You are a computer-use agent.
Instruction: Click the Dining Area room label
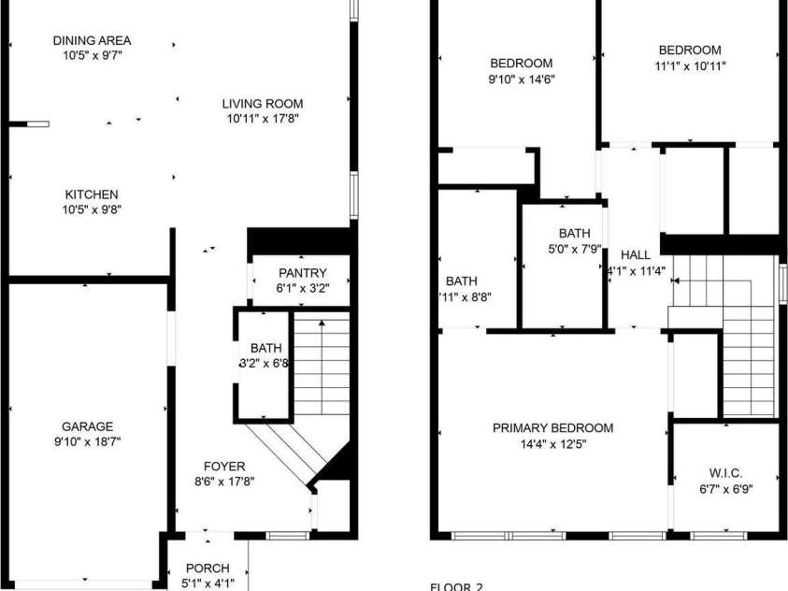92,40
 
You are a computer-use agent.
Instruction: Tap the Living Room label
263,104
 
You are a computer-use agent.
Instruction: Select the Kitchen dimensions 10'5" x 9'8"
93,209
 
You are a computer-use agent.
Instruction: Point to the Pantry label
302,273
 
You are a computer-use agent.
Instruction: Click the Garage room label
87,426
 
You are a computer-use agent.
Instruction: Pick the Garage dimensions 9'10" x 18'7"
87,441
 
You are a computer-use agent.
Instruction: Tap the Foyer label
224,467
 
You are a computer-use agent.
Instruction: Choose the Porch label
208,569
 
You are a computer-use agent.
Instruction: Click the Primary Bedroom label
553,428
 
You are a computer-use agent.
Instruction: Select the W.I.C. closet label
725,473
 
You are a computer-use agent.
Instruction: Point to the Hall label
636,254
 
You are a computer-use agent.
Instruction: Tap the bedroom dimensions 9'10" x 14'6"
522,79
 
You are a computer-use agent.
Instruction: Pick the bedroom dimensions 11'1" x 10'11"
690,65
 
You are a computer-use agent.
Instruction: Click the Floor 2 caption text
456,587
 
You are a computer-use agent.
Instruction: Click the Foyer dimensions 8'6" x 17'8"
224,482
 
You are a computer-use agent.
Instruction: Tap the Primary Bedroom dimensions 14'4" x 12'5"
553,444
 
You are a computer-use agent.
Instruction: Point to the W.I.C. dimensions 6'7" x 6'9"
725,488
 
